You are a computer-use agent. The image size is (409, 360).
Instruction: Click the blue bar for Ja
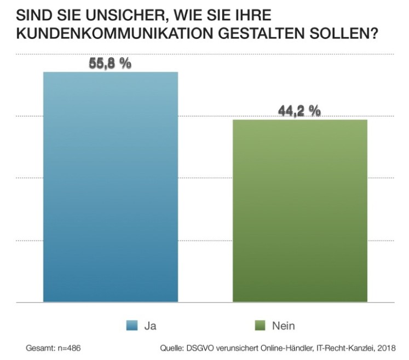click(x=111, y=186)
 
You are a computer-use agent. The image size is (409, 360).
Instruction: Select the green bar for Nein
click(x=299, y=210)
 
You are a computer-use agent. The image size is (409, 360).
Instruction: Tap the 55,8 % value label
click(x=110, y=63)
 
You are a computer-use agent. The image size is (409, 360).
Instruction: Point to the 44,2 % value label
click(x=299, y=111)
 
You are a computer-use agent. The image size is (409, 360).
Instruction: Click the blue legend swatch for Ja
click(x=131, y=326)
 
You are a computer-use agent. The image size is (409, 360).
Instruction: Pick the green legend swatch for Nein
click(x=258, y=326)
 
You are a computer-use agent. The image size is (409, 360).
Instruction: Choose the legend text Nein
click(x=283, y=326)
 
